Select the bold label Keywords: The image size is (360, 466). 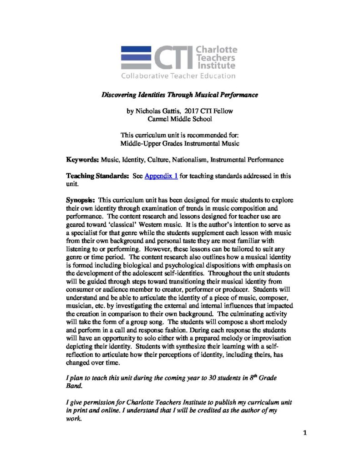click(x=82, y=160)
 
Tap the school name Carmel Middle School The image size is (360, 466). click(x=180, y=119)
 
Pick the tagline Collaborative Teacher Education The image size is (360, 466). click(x=178, y=76)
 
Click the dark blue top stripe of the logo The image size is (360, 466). click(x=136, y=49)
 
